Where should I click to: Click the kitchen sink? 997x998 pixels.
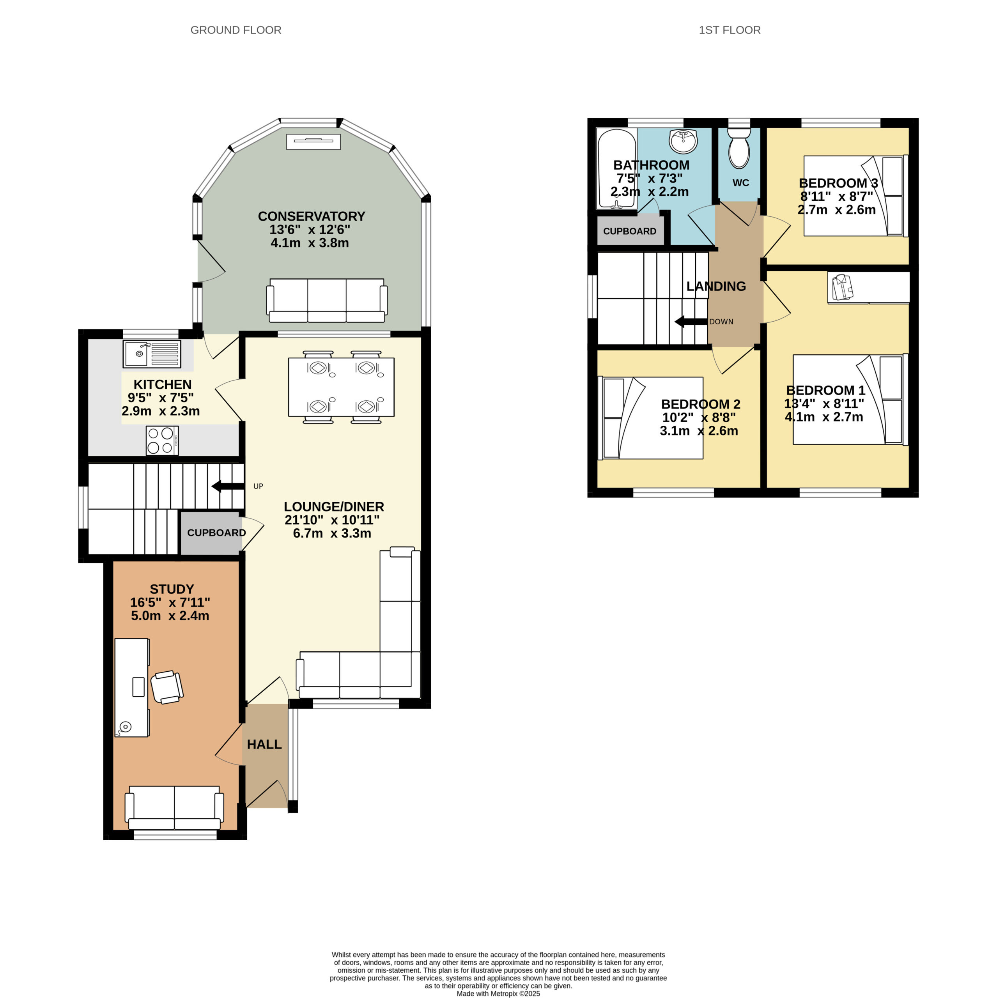(152, 354)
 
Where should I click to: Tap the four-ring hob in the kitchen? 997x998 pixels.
(162, 441)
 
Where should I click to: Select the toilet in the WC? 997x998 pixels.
(739, 148)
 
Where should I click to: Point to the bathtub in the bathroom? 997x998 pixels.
(616, 168)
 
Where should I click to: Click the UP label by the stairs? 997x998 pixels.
(258, 486)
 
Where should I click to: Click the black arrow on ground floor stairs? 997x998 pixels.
(228, 486)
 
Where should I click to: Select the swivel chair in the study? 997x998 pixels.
(167, 687)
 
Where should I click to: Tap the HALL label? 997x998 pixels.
(264, 744)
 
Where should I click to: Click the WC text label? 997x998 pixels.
(740, 183)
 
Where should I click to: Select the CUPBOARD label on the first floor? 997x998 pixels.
(629, 232)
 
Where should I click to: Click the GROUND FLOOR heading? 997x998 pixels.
(236, 30)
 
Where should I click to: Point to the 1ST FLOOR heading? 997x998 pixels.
(730, 30)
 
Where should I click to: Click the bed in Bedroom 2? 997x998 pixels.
(651, 418)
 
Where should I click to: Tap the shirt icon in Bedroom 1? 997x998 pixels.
(843, 286)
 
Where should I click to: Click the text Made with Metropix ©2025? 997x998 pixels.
(498, 993)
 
